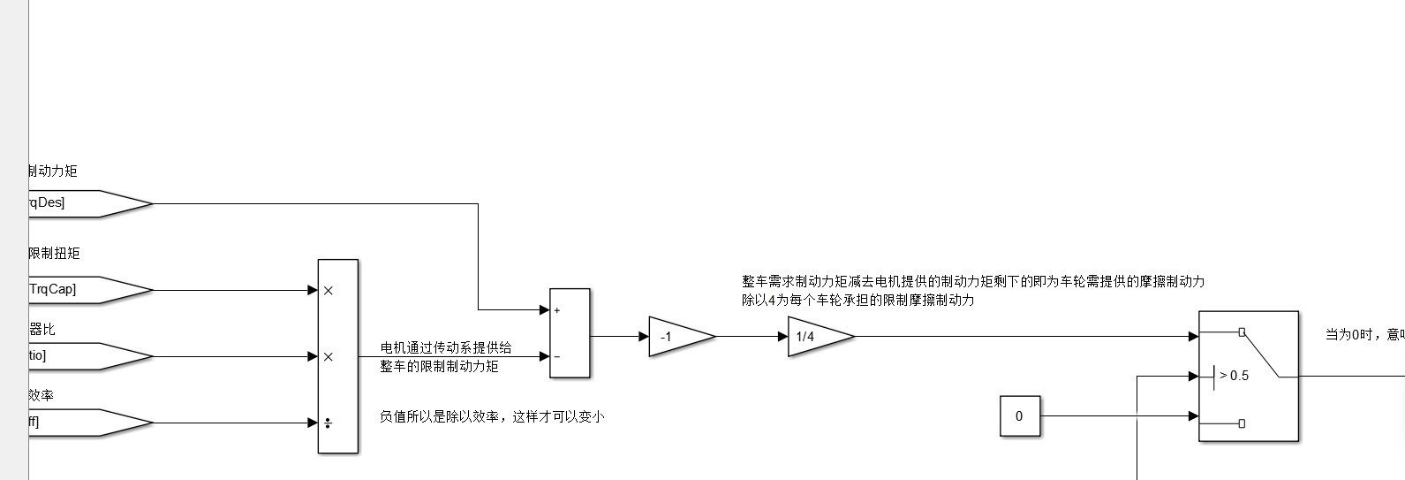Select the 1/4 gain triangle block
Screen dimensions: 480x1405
(x=814, y=337)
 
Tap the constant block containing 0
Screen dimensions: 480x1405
(x=1019, y=416)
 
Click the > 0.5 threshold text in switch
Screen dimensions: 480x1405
(x=1234, y=376)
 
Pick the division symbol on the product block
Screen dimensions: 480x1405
(x=329, y=423)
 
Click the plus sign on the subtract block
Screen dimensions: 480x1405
(x=557, y=310)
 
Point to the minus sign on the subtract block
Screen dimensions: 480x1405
(x=557, y=357)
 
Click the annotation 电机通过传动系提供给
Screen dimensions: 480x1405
(x=445, y=347)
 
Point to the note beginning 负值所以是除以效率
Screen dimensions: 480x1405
(x=491, y=415)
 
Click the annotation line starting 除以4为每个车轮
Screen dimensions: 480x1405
(x=857, y=301)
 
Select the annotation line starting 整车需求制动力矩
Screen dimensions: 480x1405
(x=972, y=281)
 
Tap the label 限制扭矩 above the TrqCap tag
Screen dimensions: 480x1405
(x=54, y=254)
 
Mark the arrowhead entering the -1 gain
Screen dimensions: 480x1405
(x=644, y=337)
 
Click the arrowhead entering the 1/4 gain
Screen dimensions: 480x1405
(x=783, y=337)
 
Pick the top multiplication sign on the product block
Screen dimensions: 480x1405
(x=329, y=290)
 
